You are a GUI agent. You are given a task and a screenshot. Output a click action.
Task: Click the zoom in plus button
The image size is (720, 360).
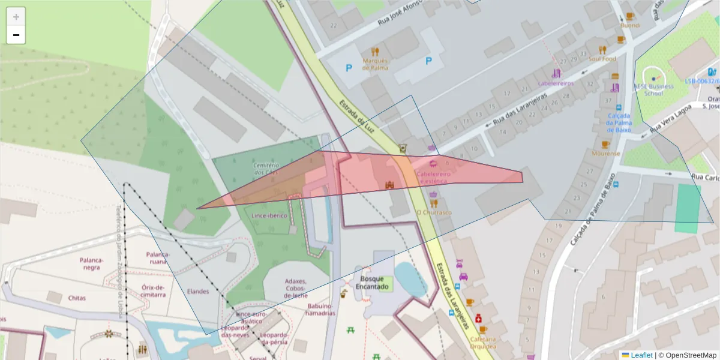coord(16,17)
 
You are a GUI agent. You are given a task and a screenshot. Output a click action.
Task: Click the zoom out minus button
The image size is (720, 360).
coord(16,35)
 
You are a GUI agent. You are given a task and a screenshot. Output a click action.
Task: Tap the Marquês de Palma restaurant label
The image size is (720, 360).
coord(376,64)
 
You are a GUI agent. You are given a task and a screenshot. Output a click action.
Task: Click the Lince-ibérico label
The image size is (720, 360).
coord(270,215)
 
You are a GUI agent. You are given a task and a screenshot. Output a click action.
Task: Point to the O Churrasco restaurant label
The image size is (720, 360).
coord(434,212)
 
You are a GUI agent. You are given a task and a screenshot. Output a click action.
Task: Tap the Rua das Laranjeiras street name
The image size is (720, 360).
coord(520,109)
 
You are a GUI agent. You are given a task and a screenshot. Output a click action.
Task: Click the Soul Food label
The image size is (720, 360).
coord(602,59)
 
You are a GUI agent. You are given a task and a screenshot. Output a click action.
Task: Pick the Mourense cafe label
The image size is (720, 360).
coord(605,154)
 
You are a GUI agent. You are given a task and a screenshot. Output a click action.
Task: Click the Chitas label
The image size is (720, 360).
coord(77,298)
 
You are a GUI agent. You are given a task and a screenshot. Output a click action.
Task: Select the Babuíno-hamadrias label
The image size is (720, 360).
coord(320,309)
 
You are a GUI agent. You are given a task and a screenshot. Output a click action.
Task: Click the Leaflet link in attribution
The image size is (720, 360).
coord(641,355)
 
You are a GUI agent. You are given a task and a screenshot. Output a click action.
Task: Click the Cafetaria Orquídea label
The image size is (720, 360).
coord(484,342)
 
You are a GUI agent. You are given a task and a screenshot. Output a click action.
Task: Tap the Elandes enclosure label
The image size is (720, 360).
coord(198,292)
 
